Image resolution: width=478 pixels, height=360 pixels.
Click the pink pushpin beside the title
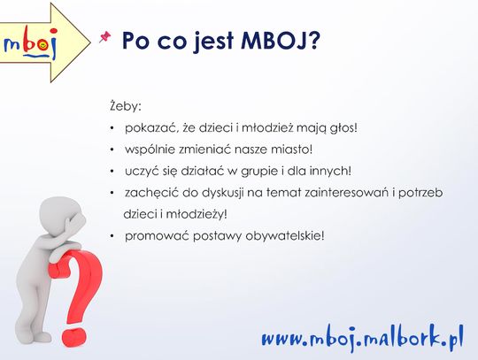(104, 37)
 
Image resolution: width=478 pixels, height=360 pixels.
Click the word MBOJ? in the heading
(281, 41)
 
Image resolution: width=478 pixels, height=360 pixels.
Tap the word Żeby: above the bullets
(126, 106)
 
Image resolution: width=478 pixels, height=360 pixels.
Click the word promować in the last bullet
(157, 236)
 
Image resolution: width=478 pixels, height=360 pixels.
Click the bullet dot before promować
(112, 236)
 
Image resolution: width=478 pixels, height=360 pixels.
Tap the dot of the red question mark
(74, 337)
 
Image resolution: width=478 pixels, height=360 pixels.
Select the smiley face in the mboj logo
(43, 45)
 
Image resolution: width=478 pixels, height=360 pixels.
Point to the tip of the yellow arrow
(90, 42)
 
